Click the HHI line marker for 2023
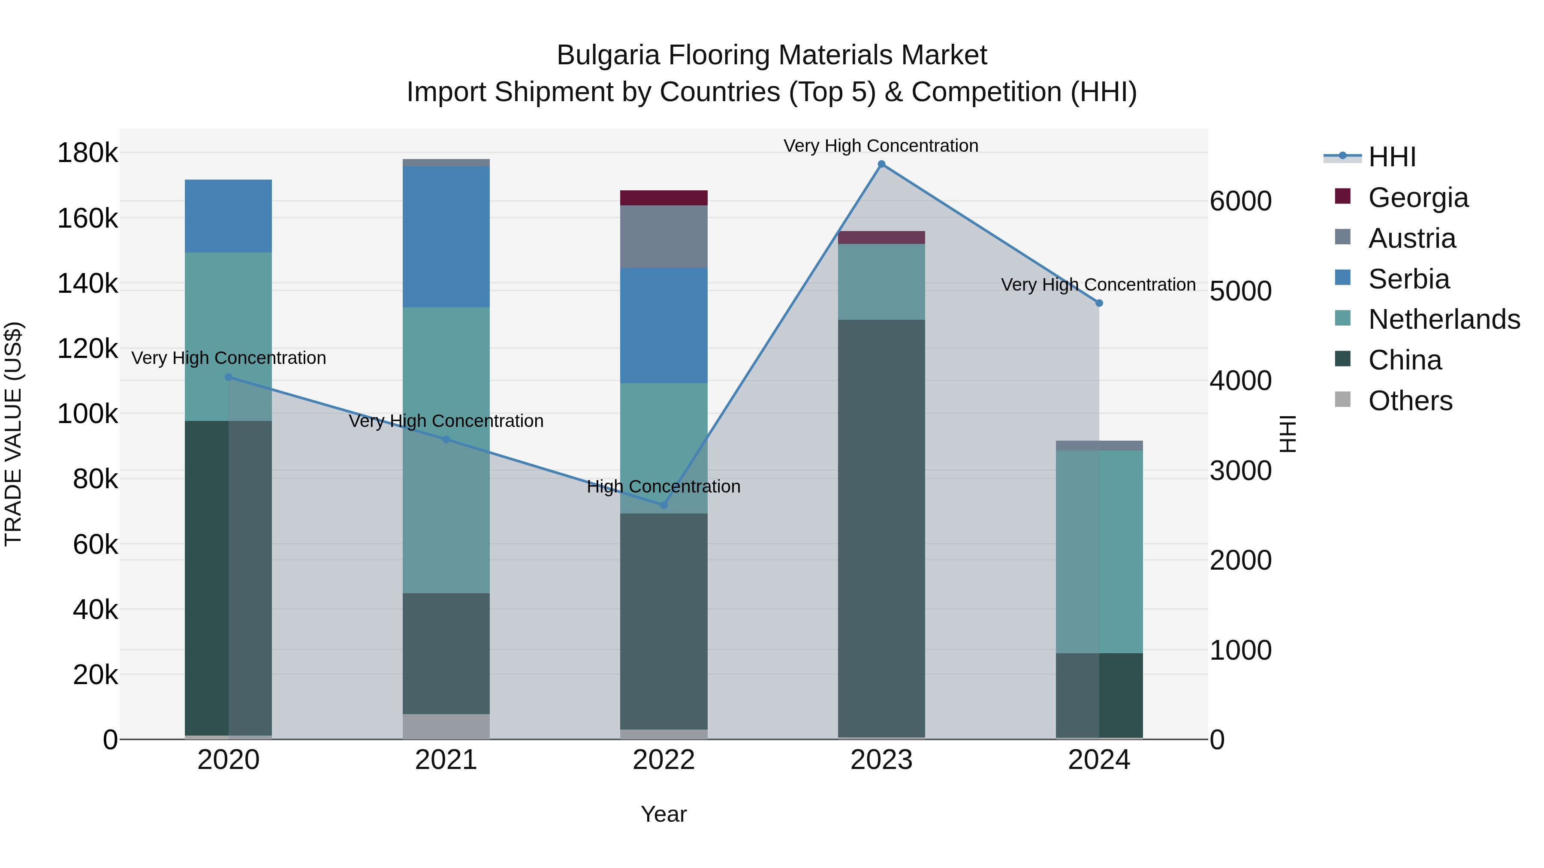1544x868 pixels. [x=881, y=164]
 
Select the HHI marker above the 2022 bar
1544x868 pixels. [x=663, y=505]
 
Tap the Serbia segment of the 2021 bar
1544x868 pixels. [x=446, y=237]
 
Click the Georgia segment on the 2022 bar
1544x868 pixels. [x=663, y=198]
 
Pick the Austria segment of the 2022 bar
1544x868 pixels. [x=663, y=237]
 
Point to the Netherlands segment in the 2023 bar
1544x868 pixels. [x=881, y=282]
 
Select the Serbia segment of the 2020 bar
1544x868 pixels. [x=228, y=216]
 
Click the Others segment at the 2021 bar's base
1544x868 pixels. [x=446, y=726]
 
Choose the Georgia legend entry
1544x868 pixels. [x=1418, y=198]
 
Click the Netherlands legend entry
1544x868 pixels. [x=1444, y=319]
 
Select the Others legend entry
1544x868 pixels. [x=1410, y=401]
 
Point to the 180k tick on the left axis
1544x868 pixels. [x=87, y=153]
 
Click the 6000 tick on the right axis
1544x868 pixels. [x=1240, y=201]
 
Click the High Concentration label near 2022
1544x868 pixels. [x=663, y=487]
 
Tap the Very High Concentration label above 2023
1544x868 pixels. [x=881, y=146]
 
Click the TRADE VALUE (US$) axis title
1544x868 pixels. [x=13, y=434]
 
